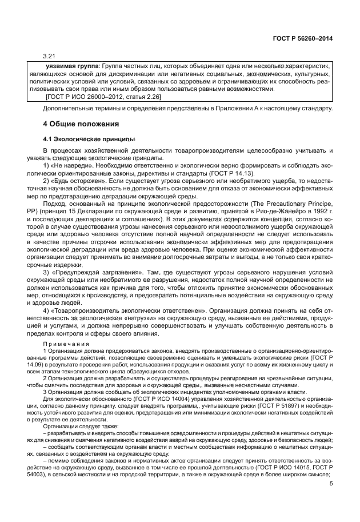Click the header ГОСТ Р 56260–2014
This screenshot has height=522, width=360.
pos(303,38)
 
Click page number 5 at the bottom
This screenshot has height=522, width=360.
pos(331,483)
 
